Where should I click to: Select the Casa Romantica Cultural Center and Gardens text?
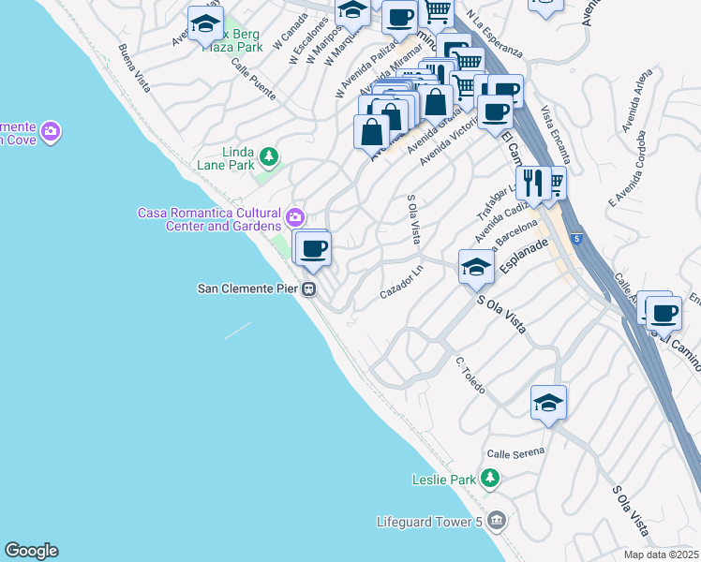click(209, 219)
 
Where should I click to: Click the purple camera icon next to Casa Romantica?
click(295, 218)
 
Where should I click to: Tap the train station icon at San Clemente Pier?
click(308, 289)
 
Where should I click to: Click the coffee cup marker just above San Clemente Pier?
click(313, 248)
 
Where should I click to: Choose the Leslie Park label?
click(445, 480)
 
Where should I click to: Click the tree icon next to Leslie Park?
click(488, 480)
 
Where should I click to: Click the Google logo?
click(31, 551)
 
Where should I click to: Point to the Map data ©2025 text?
click(660, 555)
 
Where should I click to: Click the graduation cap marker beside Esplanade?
click(475, 268)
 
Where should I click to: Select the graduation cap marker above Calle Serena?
click(548, 403)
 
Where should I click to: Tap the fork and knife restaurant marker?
click(532, 182)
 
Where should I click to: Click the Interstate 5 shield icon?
click(574, 239)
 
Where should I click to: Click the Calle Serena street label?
click(515, 452)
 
